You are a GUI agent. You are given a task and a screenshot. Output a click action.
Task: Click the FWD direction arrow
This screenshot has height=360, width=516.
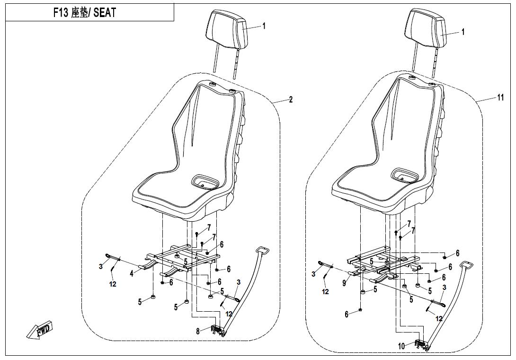(x=39, y=329)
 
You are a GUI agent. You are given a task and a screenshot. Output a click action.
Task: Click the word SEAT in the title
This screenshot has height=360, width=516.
(x=105, y=13)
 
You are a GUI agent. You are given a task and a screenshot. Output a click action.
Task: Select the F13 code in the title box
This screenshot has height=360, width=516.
(x=61, y=13)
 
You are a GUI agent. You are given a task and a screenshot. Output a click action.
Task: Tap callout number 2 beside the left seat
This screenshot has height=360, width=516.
(x=291, y=99)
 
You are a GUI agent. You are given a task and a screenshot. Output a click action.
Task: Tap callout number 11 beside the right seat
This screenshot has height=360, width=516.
(x=500, y=98)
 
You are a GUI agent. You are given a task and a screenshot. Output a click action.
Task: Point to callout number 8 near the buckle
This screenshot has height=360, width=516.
(x=198, y=332)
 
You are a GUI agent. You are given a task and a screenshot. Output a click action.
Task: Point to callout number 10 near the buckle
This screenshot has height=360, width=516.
(x=401, y=346)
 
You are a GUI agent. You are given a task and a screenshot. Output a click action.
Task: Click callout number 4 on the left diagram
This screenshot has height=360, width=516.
(x=132, y=273)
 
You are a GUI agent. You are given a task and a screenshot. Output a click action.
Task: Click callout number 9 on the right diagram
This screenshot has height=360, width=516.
(x=344, y=283)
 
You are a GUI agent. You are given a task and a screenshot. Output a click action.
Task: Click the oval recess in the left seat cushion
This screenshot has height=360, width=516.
(x=205, y=181)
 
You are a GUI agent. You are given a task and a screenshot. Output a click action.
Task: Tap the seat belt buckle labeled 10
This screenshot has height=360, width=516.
(x=422, y=344)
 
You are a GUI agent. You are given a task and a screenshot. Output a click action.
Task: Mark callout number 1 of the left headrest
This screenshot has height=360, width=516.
(x=264, y=26)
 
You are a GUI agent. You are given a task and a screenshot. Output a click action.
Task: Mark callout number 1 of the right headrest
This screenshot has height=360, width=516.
(x=463, y=32)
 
